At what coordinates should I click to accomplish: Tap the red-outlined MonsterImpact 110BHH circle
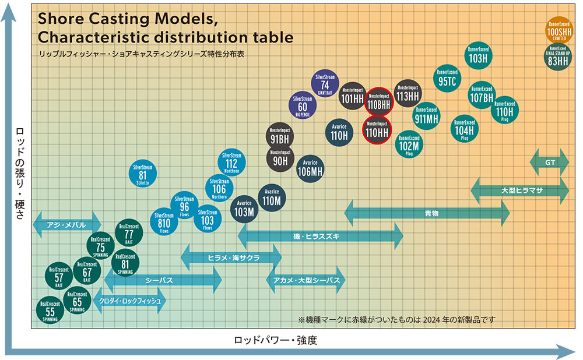(380, 101)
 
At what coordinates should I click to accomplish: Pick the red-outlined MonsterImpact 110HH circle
(376, 129)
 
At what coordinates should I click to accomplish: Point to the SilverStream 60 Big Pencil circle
(303, 105)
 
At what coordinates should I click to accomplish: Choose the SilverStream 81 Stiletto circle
(142, 173)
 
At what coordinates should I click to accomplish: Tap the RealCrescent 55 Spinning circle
(50, 310)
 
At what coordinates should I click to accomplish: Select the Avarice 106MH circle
(310, 168)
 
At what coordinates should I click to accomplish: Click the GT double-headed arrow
(549, 163)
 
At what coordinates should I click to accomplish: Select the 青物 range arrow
(427, 213)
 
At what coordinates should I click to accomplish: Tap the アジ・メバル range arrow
(66, 225)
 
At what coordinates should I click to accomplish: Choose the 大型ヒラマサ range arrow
(519, 190)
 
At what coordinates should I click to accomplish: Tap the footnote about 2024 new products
(396, 320)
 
